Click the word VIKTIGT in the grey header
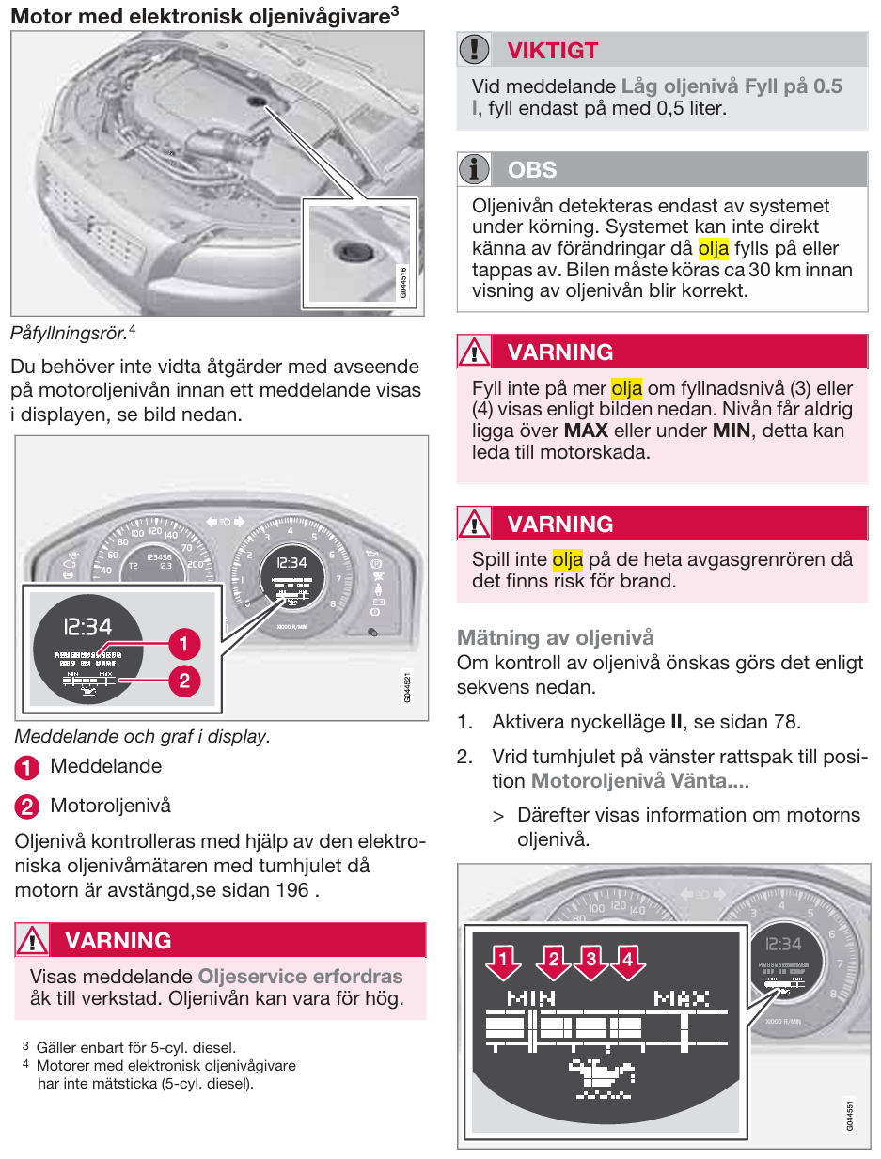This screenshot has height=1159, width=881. [552, 50]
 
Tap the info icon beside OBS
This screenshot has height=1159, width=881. [475, 169]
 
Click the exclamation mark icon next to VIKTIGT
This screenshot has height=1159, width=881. [475, 50]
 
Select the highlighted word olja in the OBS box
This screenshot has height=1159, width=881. [714, 248]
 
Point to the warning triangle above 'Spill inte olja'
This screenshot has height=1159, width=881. [475, 524]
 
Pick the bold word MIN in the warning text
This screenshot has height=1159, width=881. [731, 431]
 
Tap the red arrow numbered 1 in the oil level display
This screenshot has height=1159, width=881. [505, 961]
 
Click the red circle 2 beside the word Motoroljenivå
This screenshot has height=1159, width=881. [27, 807]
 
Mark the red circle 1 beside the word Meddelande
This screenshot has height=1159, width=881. [27, 767]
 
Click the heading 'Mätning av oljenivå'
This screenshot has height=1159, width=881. [555, 638]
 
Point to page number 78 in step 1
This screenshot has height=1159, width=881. [786, 723]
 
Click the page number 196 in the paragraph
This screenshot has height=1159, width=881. [292, 889]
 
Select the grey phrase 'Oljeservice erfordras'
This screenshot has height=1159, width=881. [300, 977]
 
